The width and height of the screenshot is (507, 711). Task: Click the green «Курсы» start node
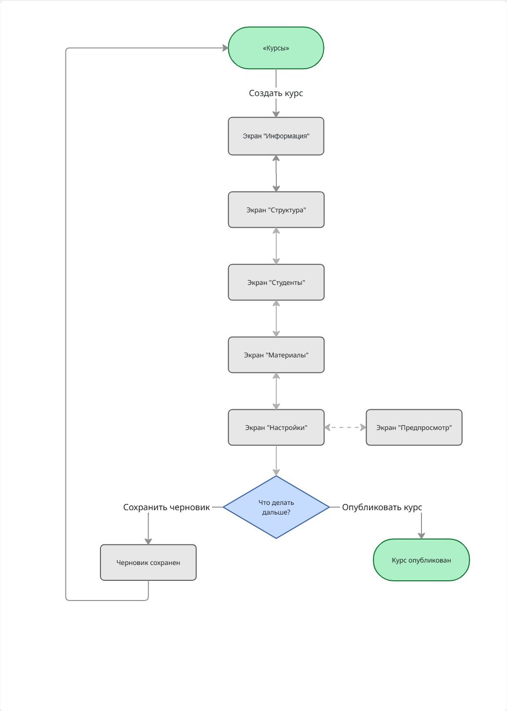click(276, 48)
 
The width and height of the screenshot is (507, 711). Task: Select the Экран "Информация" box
click(276, 136)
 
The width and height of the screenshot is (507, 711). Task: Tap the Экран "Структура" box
click(276, 210)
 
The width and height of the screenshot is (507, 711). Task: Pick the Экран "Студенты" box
click(276, 282)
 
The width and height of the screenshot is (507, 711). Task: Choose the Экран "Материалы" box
click(276, 355)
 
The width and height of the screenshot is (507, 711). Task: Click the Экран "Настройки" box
click(276, 428)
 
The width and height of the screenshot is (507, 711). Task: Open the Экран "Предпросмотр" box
click(414, 428)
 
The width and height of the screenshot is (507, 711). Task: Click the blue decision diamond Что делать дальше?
click(276, 507)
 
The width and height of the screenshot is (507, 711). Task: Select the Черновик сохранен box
click(148, 563)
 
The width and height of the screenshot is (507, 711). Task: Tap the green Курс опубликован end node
click(421, 560)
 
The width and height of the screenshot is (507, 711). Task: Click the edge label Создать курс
click(276, 93)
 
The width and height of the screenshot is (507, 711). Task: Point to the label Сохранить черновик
click(166, 507)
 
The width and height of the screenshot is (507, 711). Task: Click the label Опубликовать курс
click(382, 507)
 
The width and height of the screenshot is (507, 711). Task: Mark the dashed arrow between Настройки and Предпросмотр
click(345, 428)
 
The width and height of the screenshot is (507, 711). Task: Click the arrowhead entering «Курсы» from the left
click(225, 48)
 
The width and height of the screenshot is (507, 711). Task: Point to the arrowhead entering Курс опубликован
click(421, 536)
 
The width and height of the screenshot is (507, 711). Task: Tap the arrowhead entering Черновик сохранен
click(148, 541)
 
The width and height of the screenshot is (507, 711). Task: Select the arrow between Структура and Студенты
click(276, 246)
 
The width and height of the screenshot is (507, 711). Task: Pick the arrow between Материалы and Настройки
click(276, 391)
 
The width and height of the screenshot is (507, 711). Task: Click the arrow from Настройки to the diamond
click(276, 461)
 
